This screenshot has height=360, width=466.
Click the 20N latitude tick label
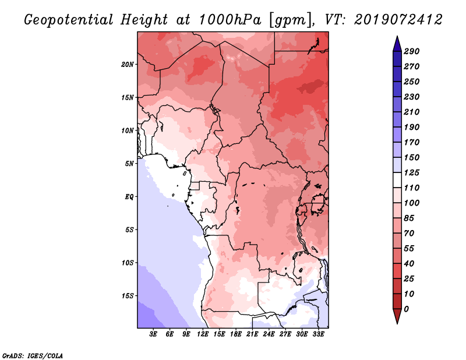point(128,65)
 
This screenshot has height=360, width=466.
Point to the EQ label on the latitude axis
point(129,197)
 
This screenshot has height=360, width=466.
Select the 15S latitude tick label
point(128,296)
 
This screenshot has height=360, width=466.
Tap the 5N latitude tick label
point(129,164)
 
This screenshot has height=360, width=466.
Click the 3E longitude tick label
point(153,334)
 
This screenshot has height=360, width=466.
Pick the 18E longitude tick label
point(236,334)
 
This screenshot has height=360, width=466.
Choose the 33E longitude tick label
point(318,334)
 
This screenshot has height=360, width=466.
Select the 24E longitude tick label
point(269,334)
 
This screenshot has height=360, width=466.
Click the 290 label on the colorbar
point(412,51)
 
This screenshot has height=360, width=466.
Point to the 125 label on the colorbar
point(412,172)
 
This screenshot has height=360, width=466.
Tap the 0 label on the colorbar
point(406,309)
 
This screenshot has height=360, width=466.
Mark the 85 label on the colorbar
point(409,218)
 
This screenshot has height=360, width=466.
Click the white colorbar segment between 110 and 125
point(397,180)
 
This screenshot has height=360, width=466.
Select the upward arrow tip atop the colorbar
point(397,36)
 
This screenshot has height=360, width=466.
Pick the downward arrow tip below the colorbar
point(397,323)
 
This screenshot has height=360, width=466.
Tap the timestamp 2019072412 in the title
point(398,20)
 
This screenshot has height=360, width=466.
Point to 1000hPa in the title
point(230,20)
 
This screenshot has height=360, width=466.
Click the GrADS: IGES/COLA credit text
point(33,356)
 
